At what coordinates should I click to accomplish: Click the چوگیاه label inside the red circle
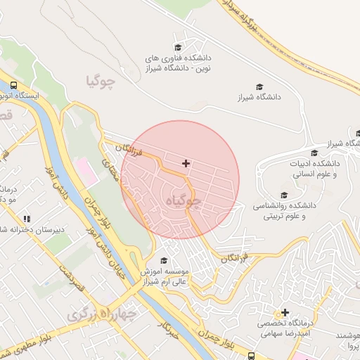(x=182, y=202)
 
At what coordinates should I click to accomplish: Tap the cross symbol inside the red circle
(x=186, y=163)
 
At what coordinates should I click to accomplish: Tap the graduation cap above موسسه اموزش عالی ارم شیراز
(x=165, y=260)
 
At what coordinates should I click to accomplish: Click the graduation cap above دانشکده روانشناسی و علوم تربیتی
(x=284, y=195)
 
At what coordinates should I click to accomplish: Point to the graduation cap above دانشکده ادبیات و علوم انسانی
(x=314, y=153)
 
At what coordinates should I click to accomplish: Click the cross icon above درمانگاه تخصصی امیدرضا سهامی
(x=285, y=312)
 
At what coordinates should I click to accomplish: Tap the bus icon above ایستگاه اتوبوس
(x=14, y=84)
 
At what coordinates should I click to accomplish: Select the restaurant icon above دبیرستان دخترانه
(x=27, y=219)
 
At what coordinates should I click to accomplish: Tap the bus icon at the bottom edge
(x=250, y=356)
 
